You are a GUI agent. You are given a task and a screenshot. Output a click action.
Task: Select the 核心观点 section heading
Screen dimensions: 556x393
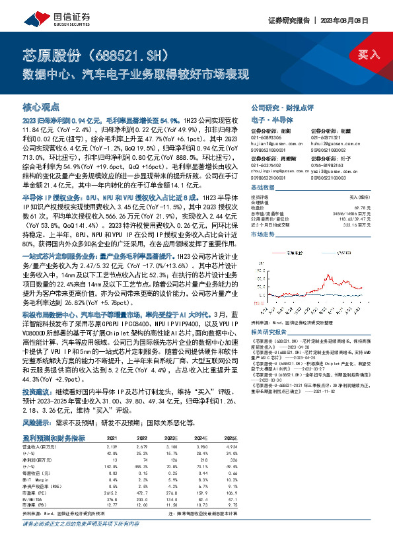41,106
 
